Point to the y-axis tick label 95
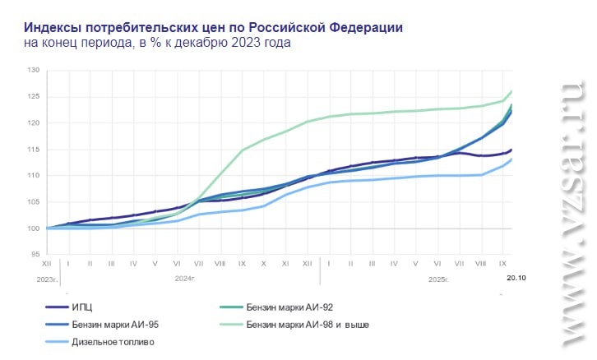point(35,255)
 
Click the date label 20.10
point(516,279)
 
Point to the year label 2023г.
point(47,279)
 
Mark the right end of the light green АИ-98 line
point(511,91)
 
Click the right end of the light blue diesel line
point(511,159)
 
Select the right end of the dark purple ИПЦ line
point(511,150)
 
